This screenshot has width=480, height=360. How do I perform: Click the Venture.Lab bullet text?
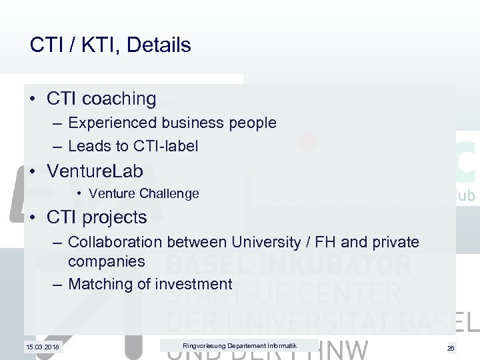95,171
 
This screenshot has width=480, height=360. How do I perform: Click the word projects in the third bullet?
114,217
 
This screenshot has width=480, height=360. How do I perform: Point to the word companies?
107,261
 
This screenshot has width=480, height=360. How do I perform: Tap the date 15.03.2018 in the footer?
42,347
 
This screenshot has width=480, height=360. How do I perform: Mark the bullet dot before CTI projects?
33,218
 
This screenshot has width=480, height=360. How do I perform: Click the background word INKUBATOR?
339,265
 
